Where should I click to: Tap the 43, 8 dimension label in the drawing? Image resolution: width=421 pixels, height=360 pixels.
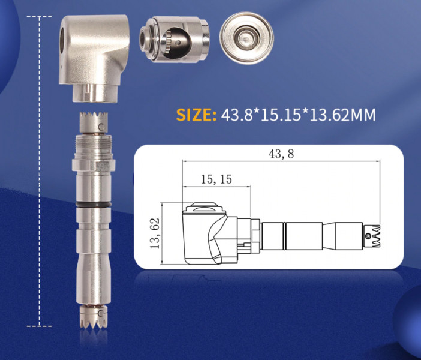pyautogui.click(x=281, y=154)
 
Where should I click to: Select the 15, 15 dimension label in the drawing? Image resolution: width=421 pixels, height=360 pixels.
pyautogui.click(x=216, y=179)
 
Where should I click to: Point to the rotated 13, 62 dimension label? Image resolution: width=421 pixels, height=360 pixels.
pyautogui.click(x=155, y=233)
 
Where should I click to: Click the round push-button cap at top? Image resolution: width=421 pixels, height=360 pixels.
pyautogui.click(x=246, y=38)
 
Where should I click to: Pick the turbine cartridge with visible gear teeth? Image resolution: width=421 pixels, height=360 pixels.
pyautogui.click(x=175, y=39)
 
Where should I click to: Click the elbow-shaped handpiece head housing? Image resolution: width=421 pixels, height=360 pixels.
pyautogui.click(x=94, y=58)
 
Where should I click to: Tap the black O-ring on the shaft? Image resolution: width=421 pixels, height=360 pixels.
pyautogui.click(x=94, y=205)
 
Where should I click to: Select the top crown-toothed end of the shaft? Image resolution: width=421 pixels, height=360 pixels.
pyautogui.click(x=94, y=122)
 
